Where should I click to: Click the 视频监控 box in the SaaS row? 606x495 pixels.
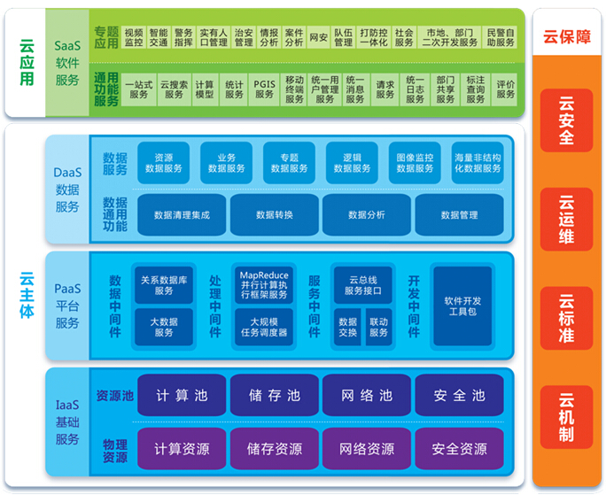(x=135, y=36)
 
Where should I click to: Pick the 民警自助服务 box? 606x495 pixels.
(x=501, y=36)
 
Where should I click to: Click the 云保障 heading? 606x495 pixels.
(x=566, y=37)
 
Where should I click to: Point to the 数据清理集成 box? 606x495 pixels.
(x=182, y=214)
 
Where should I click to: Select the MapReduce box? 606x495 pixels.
(x=263, y=284)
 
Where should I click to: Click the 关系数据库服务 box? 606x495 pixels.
(x=164, y=284)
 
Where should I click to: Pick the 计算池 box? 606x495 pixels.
(x=182, y=396)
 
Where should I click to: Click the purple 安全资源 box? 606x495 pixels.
(x=459, y=449)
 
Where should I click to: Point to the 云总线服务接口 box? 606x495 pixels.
(x=361, y=284)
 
